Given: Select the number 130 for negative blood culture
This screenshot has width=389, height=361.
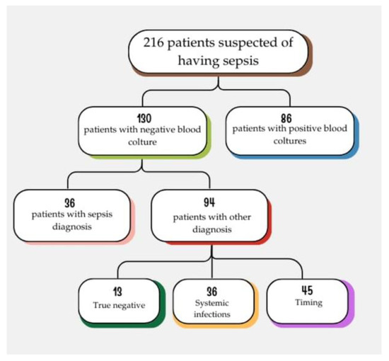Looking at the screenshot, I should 142,115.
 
